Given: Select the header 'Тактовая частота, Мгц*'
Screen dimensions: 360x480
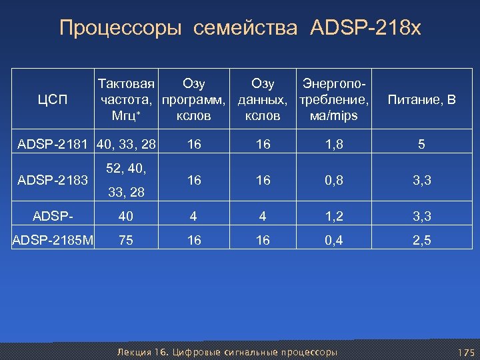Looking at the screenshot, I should click(127, 100).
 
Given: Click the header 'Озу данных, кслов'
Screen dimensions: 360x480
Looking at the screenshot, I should click(263, 100).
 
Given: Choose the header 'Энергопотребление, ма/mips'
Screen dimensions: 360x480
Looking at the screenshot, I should click(334, 100).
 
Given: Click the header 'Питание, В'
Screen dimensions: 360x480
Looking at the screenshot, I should click(422, 101).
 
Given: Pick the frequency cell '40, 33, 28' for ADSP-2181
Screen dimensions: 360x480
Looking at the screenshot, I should click(127, 144).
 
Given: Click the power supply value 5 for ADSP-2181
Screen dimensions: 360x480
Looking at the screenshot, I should click(422, 144).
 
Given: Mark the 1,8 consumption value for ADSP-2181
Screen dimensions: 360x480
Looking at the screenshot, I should click(334, 144).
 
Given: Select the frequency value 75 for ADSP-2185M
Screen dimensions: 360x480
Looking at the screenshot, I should click(126, 240).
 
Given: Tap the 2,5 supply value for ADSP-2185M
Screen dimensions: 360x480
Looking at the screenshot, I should click(422, 240).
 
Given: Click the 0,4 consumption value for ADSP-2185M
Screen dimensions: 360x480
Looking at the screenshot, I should click(334, 240).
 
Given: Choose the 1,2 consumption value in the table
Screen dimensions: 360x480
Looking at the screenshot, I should click(334, 215).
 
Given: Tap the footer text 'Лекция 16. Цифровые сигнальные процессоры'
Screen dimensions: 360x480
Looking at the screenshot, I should click(227, 351).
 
